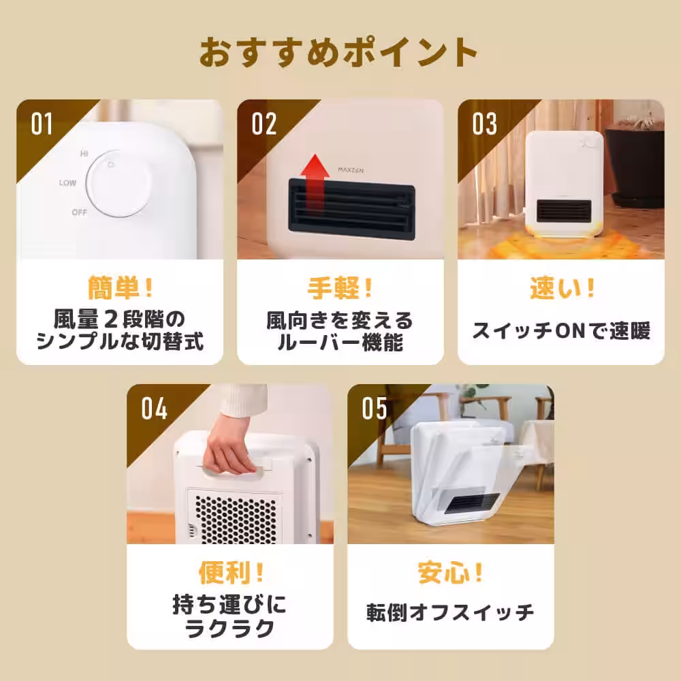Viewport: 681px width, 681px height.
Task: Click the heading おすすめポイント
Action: point(338,52)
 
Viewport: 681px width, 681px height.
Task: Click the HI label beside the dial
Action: point(84,155)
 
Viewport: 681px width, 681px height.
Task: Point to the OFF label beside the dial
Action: point(80,212)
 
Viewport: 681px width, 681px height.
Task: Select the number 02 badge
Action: point(264,125)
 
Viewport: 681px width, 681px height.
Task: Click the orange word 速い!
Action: point(561,289)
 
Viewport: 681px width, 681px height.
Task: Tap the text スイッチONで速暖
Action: point(561,331)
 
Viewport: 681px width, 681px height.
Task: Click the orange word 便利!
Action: point(230,573)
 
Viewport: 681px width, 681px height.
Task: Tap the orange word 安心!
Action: point(451,573)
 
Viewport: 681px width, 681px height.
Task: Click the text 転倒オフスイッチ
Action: point(451,612)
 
